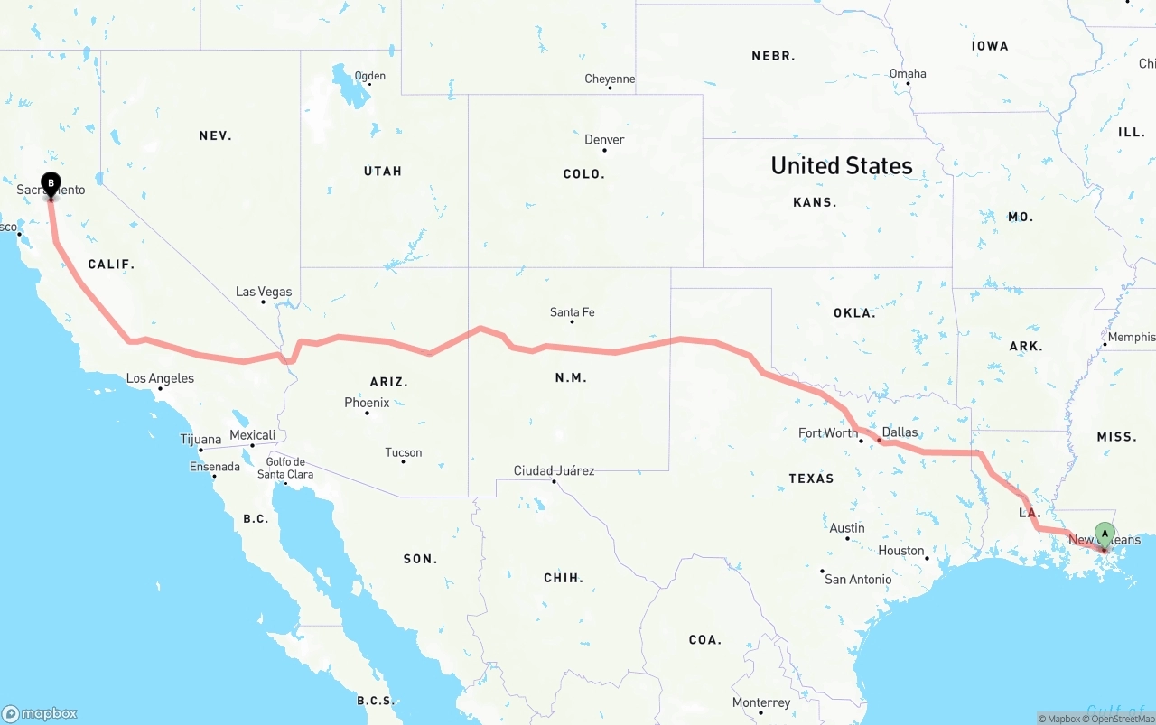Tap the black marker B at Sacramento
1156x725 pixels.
point(51,184)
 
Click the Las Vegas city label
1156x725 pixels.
point(264,292)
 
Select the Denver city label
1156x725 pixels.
point(604,140)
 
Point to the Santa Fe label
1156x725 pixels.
point(572,312)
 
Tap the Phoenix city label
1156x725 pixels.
point(367,403)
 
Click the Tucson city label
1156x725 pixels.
point(403,452)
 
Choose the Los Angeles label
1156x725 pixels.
point(160,378)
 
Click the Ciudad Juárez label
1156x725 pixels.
point(554,470)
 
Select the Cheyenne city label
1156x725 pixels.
point(610,79)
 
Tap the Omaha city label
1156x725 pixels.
point(908,74)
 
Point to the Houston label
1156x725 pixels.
point(900,551)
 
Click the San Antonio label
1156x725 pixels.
point(858,579)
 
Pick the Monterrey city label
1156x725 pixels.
point(761,702)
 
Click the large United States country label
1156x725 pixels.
point(842,166)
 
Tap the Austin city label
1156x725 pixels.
point(847,528)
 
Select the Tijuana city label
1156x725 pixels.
point(200,440)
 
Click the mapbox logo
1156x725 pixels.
point(40,713)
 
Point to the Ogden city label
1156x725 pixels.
point(370,76)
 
